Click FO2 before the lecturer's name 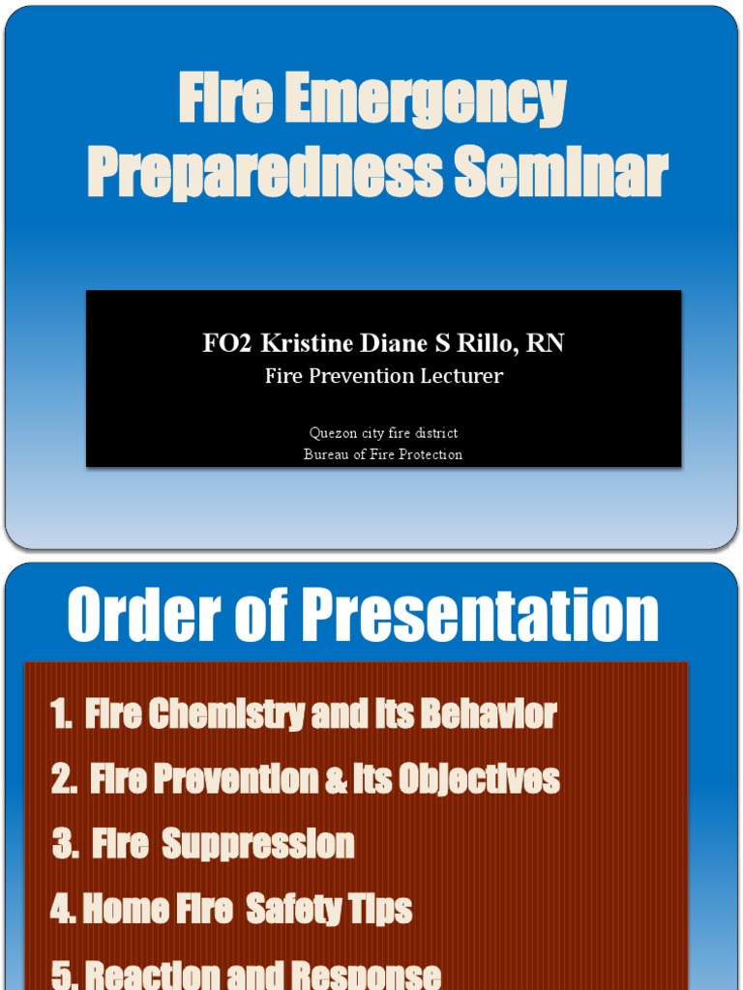[227, 344]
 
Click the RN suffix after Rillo [546, 344]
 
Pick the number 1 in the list [60, 715]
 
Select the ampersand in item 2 [336, 779]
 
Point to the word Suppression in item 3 [258, 844]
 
